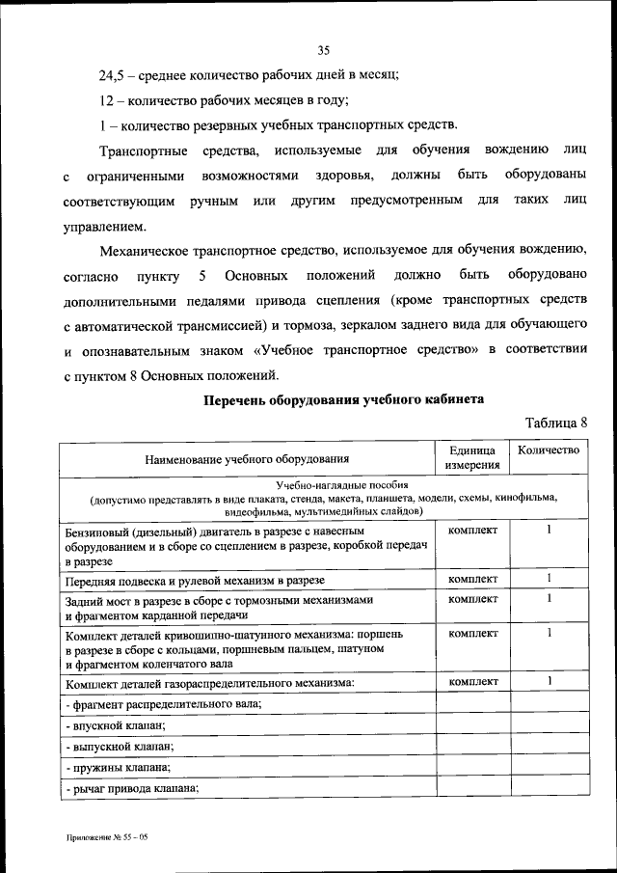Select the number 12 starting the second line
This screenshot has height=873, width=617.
pos(106,101)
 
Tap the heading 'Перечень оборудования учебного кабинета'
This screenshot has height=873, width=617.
pos(342,398)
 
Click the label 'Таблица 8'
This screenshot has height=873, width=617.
pos(556,422)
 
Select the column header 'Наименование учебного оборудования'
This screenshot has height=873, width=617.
pos(247,458)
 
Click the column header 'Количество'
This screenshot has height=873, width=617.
pos(548,450)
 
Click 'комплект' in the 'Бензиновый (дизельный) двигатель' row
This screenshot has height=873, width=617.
pos(471,531)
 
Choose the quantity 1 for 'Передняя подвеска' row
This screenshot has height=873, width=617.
pos(548,578)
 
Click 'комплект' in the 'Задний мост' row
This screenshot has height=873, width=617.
pos(471,599)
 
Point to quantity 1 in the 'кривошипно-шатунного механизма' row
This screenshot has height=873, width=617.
pos(548,633)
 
